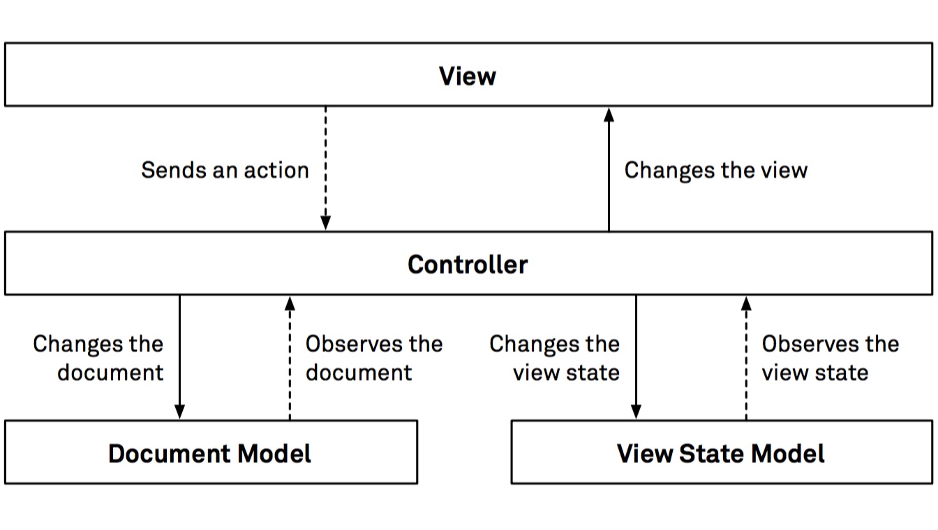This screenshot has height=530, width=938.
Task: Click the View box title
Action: coord(467,75)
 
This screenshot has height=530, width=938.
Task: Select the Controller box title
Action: coord(467,264)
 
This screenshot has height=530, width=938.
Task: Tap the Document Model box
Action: coord(210,453)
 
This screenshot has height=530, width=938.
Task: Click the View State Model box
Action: coord(720,453)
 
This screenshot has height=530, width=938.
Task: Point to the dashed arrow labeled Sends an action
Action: coord(325,167)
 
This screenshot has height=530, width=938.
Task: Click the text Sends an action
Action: coord(225,170)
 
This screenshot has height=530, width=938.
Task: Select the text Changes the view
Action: coord(715,170)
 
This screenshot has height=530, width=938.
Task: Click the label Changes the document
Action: coord(99,358)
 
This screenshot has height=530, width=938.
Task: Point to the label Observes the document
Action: coord(373,358)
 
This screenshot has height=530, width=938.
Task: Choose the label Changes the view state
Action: coord(555,358)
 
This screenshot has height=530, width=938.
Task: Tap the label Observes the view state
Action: coord(829,358)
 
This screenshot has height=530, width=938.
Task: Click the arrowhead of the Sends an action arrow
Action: coord(325,223)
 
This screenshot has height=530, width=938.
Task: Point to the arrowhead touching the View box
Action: coord(609,114)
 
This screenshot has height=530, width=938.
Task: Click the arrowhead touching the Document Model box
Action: coord(179,412)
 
